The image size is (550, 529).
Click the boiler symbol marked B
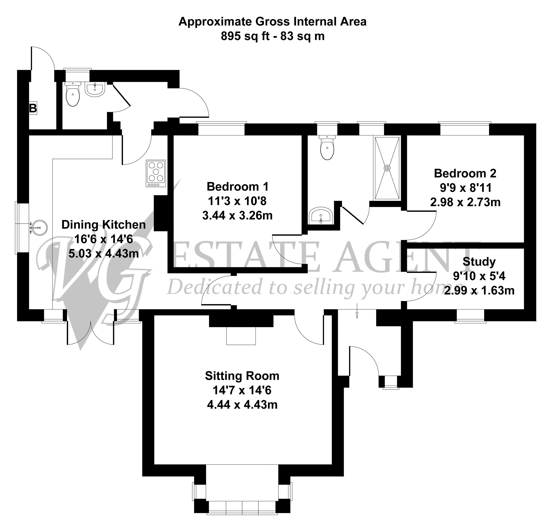[33, 108]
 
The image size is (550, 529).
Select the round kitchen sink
[38, 227]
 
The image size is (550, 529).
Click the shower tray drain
[387, 168]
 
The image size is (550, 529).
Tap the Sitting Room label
[242, 376]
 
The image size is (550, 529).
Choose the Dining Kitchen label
[104, 225]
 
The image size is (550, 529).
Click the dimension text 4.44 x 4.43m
[242, 405]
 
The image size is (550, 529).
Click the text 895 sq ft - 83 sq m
[272, 36]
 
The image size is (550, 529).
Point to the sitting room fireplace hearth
[241, 336]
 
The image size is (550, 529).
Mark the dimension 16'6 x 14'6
[104, 239]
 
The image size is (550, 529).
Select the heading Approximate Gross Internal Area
[272, 22]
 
